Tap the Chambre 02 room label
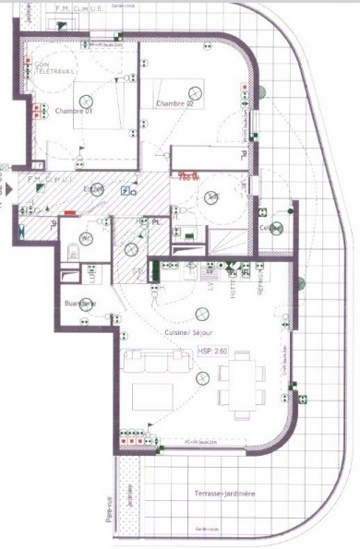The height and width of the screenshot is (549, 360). [x=174, y=103]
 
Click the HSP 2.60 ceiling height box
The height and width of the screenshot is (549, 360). [x=213, y=351]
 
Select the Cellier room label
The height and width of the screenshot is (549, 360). [x=270, y=228]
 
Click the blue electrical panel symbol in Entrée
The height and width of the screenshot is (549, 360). [x=126, y=191]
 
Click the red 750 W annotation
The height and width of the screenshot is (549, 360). [x=190, y=175]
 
